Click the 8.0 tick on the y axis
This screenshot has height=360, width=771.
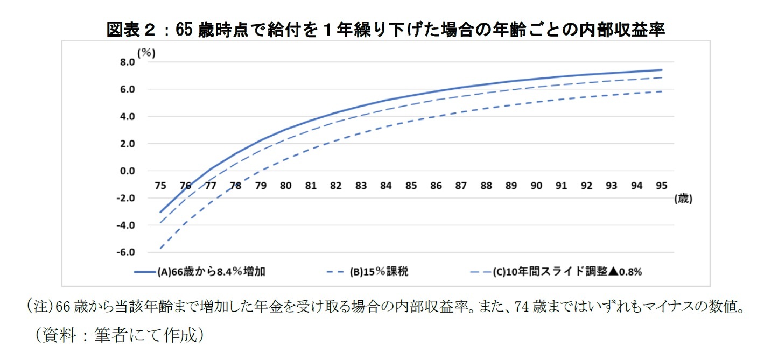click(x=127, y=62)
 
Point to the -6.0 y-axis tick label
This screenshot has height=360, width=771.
click(x=126, y=252)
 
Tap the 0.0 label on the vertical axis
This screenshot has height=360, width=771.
click(x=127, y=171)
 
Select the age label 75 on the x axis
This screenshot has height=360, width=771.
click(x=160, y=186)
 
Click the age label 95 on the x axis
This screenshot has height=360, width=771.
click(x=661, y=186)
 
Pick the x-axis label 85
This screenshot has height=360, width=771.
click(x=411, y=186)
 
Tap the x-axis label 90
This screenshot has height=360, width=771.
click(x=536, y=186)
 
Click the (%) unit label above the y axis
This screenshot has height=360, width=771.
click(x=146, y=52)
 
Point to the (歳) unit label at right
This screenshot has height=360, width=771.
click(x=683, y=199)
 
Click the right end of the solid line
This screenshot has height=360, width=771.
click(x=661, y=70)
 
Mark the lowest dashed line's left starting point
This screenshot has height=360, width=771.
click(x=160, y=249)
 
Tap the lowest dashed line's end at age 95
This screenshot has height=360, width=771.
click(x=661, y=91)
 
